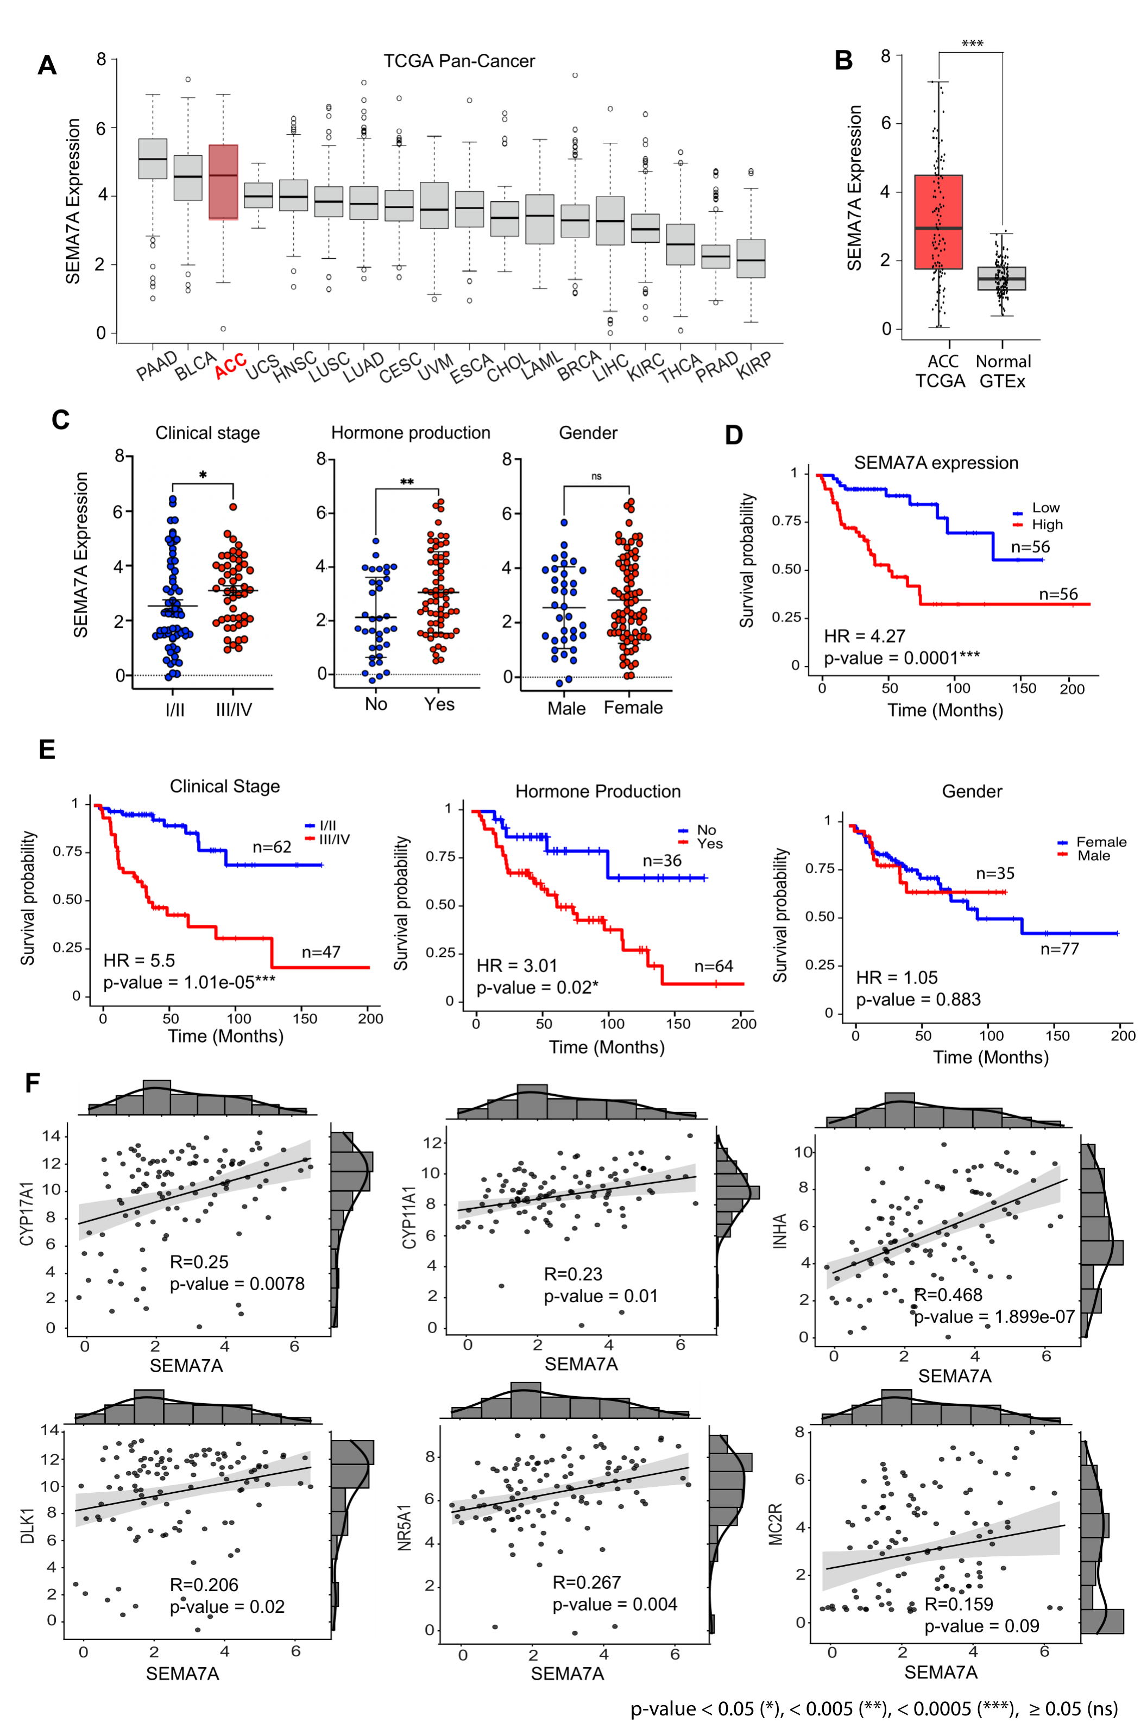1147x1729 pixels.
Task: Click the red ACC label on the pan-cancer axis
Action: click(x=230, y=365)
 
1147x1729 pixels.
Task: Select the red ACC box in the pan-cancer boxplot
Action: click(x=223, y=181)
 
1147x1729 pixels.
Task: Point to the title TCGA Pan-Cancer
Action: click(x=459, y=61)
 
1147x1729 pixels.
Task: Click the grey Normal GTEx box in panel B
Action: click(x=1001, y=279)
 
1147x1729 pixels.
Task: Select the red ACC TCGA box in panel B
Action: click(x=938, y=222)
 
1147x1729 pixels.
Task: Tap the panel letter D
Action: click(x=734, y=435)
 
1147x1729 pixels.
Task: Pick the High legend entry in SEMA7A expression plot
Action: click(x=1046, y=525)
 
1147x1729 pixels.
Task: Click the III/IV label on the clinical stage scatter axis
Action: click(x=234, y=709)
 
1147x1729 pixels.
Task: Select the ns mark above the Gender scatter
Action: click(x=596, y=477)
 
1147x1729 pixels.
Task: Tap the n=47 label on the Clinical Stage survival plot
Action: click(x=321, y=951)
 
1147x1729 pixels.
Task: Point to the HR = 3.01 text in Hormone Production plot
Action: click(x=516, y=966)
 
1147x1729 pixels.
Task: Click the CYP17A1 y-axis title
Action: click(x=27, y=1215)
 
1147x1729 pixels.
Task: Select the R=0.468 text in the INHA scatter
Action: click(x=948, y=1295)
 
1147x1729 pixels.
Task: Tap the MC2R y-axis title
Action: click(x=776, y=1524)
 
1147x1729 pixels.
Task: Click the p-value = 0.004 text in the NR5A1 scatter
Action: click(x=614, y=1604)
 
